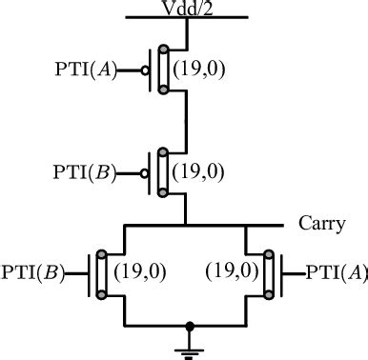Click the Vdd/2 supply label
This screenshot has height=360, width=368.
click(187, 9)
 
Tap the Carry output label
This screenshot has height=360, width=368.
click(322, 225)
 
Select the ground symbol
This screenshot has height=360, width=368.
click(190, 340)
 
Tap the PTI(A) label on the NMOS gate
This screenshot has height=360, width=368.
click(336, 272)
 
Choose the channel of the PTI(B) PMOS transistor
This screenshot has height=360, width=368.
click(164, 171)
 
